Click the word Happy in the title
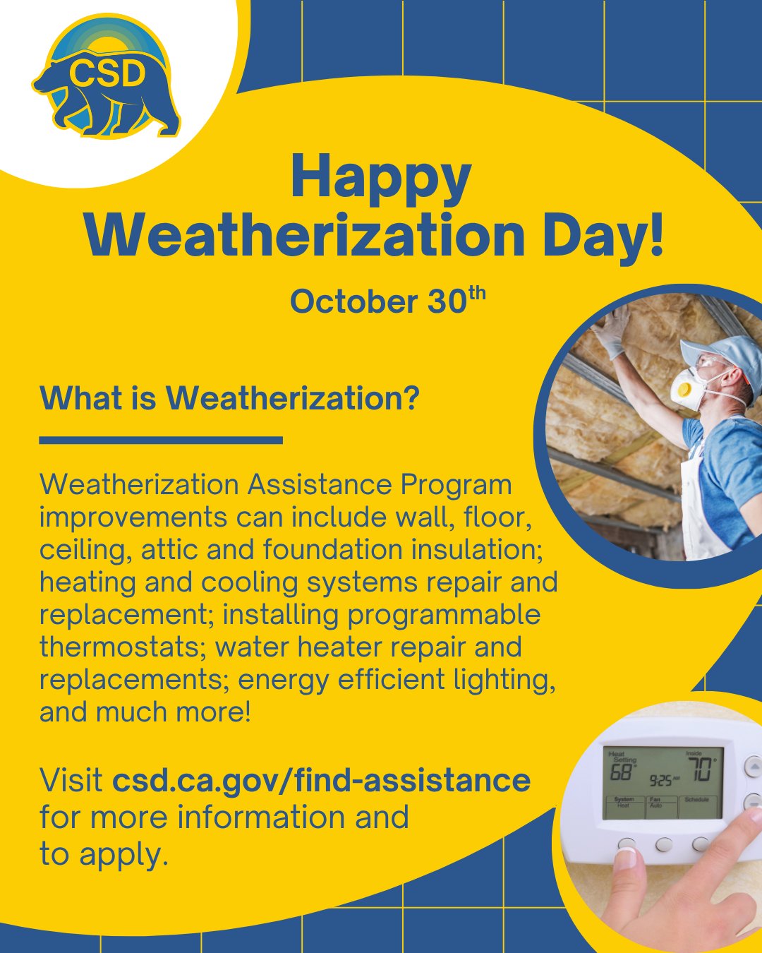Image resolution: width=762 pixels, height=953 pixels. click(x=380, y=178)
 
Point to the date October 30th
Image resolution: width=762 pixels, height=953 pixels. click(x=387, y=301)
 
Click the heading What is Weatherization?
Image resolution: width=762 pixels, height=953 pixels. click(x=229, y=399)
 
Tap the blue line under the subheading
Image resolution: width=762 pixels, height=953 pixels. click(x=161, y=440)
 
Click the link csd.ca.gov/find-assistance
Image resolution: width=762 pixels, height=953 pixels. click(x=322, y=781)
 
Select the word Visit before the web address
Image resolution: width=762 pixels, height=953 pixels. click(x=71, y=781)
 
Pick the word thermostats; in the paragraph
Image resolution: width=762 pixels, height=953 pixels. click(x=123, y=647)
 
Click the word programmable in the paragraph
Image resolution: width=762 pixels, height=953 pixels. click(x=444, y=615)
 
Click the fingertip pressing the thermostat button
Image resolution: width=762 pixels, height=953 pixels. click(x=627, y=858)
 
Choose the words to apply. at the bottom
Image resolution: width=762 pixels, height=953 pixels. click(x=104, y=854)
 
